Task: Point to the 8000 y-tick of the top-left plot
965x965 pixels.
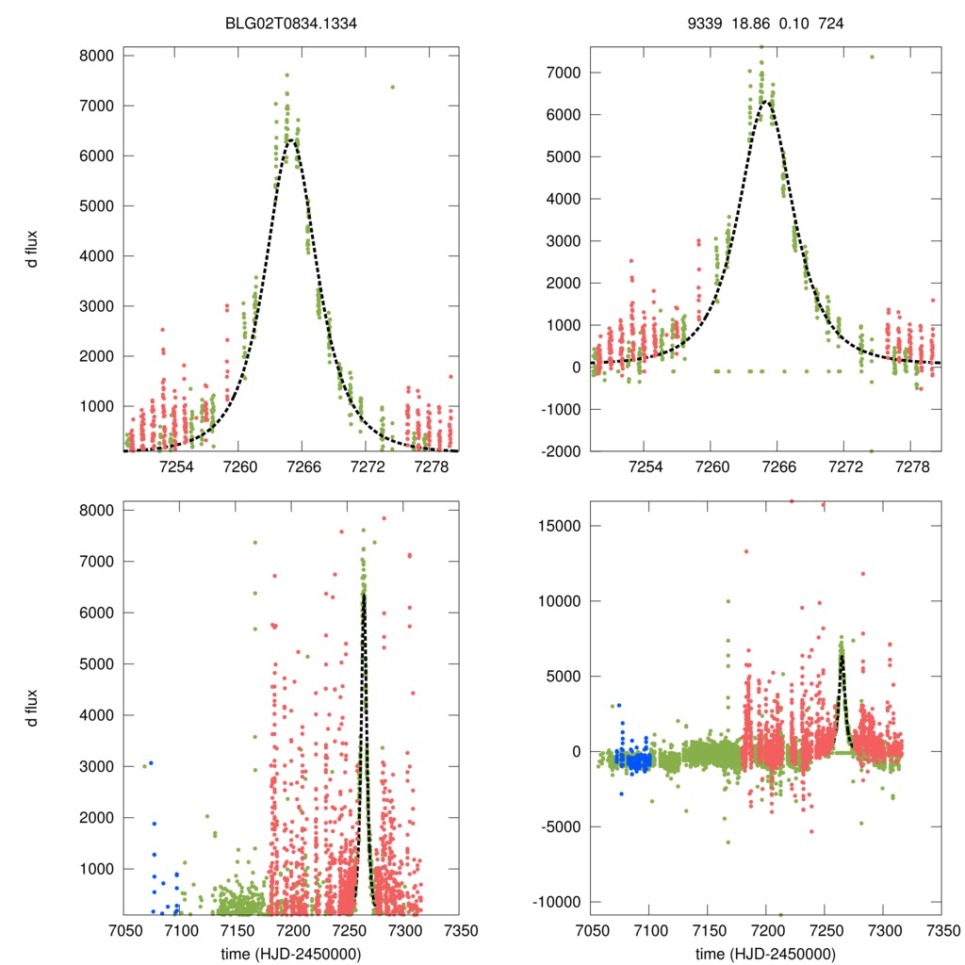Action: coord(97,56)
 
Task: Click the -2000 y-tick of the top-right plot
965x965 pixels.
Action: coord(559,451)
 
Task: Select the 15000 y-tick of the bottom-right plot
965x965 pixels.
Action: coord(559,526)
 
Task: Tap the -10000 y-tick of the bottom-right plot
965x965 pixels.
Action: coord(556,902)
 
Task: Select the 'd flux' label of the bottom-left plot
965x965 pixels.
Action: coord(33,708)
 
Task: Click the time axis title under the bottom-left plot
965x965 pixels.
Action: coord(291,953)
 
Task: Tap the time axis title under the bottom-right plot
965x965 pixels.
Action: coord(765,953)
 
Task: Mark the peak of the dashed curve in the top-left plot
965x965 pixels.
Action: coord(293,139)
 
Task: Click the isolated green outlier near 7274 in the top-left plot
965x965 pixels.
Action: coord(392,87)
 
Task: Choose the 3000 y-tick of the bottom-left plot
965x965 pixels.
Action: coord(97,766)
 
